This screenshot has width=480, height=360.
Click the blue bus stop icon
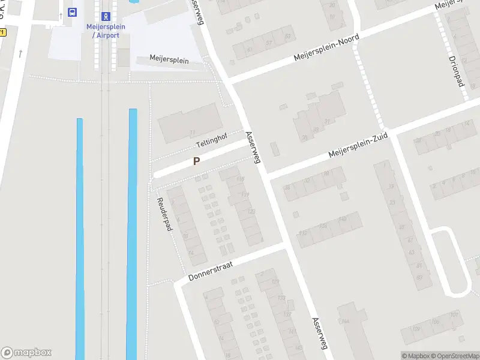point(73,12)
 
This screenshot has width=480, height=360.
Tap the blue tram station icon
point(106,16)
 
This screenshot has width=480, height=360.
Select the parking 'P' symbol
point(196,161)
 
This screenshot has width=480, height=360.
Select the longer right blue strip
point(132,234)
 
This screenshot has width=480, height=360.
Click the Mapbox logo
point(26,353)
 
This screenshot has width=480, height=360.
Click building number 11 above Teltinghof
point(193,133)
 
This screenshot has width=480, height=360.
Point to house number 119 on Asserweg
point(245,195)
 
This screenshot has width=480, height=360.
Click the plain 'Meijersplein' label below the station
point(169,61)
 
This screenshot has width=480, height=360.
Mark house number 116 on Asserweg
point(241,179)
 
